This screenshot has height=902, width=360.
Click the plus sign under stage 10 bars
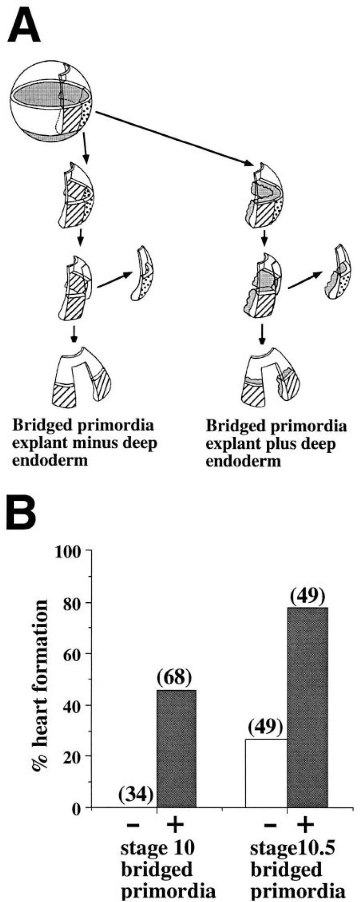pos(175,825)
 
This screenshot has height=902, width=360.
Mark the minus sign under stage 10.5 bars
pos(270,825)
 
